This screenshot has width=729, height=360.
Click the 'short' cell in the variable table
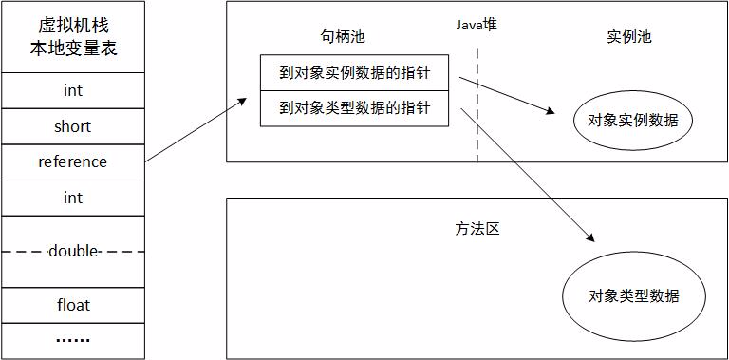tap(73, 125)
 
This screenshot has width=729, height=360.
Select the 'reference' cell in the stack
tap(73, 161)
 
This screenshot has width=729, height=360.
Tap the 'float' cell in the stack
tap(73, 305)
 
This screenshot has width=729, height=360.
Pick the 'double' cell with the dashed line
tap(73, 252)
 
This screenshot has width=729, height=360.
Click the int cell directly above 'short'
tap(73, 90)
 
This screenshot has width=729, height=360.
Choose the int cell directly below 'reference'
tap(73, 198)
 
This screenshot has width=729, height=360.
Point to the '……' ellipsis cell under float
tap(73, 339)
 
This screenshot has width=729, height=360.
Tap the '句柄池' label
tap(343, 37)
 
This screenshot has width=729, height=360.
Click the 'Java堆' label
tap(476, 26)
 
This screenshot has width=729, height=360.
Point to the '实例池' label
tap(628, 37)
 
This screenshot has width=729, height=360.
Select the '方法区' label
tap(477, 230)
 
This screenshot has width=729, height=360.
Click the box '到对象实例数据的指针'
tap(354, 71)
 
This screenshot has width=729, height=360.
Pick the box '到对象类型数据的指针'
tap(354, 108)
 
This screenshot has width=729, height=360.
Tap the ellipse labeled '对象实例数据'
tap(633, 120)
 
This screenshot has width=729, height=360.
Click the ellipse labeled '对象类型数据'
tap(633, 294)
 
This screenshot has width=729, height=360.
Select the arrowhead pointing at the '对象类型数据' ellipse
tap(592, 237)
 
